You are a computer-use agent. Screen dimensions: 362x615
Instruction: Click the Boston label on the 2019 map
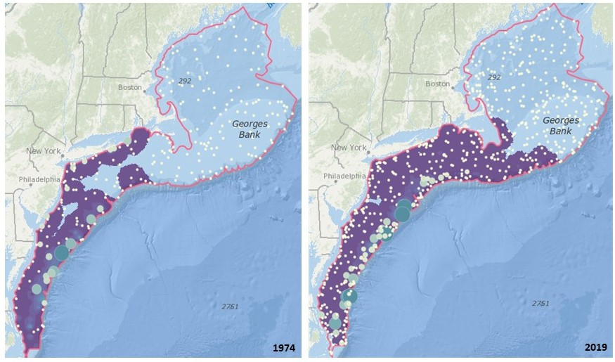(436, 84)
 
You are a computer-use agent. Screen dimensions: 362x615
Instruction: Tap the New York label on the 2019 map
(349, 148)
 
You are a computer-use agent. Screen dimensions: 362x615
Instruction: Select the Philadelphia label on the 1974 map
(39, 179)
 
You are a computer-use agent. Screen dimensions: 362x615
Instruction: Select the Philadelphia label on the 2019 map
(345, 176)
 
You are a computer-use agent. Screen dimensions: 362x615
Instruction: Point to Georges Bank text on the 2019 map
(560, 126)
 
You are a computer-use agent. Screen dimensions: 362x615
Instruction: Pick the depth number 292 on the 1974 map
(186, 82)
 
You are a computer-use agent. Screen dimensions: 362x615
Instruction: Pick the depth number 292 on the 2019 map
(494, 77)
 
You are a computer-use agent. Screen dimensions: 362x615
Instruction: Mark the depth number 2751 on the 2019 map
(540, 303)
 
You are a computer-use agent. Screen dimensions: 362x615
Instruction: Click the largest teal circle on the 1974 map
(61, 252)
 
